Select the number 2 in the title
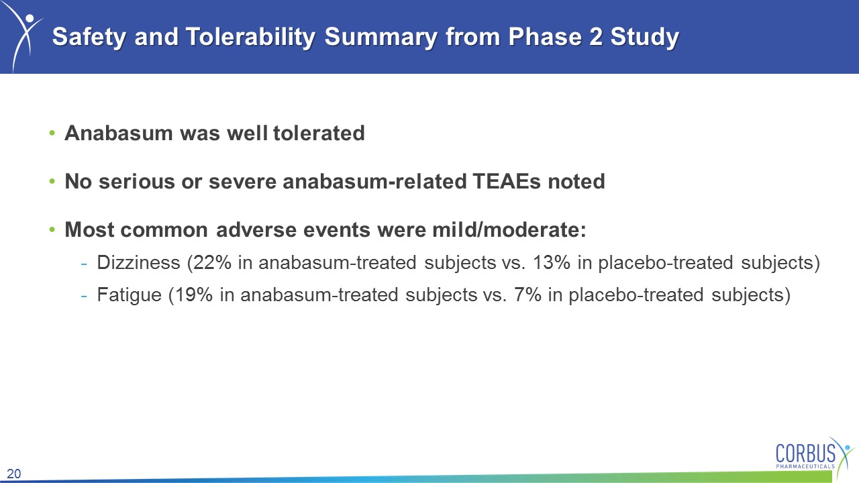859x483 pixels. click(595, 36)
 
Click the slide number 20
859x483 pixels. click(14, 474)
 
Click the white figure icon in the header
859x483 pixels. click(23, 37)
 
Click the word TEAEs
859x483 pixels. click(507, 181)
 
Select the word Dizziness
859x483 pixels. click(138, 262)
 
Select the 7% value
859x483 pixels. click(527, 294)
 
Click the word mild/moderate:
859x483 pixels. click(509, 230)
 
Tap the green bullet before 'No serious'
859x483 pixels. click(52, 181)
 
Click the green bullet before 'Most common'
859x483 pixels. click(52, 229)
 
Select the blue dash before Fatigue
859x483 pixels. click(84, 297)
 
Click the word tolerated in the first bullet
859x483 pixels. click(319, 133)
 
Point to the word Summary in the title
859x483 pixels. click(381, 38)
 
